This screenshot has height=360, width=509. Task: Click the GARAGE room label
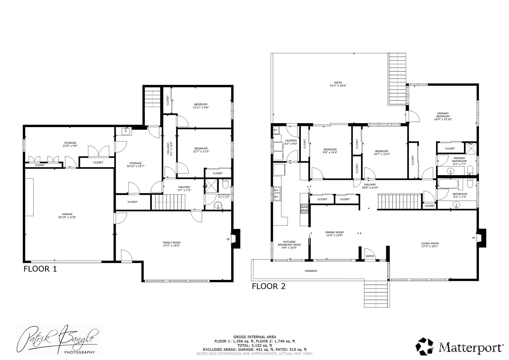tap(67, 214)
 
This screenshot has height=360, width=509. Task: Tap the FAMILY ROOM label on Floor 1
tap(172, 243)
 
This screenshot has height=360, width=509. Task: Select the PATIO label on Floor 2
tap(338, 83)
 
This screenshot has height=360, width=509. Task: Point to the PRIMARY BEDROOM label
tap(443, 115)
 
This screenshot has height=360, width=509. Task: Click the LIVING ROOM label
tap(430, 243)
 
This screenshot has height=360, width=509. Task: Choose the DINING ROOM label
tap(334, 232)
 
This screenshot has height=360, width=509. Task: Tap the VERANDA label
tap(311, 271)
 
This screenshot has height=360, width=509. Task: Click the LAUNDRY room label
tap(291, 140)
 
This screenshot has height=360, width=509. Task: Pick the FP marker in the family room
tap(228, 239)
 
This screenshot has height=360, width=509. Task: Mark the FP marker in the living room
tap(473, 238)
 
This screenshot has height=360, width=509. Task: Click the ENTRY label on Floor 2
tap(370, 256)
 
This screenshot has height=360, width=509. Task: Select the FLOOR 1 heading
tap(40, 269)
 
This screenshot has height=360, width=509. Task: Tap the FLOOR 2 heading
tap(269, 286)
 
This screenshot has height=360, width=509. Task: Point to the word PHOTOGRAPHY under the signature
tap(79, 352)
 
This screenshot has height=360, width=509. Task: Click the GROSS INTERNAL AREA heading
tap(255, 337)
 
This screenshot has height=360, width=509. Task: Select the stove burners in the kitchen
tap(304, 209)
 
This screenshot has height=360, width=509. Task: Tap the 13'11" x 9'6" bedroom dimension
tap(201, 107)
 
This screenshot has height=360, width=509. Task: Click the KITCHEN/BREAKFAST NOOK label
tap(290, 243)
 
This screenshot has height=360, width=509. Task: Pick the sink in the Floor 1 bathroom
tap(218, 206)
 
